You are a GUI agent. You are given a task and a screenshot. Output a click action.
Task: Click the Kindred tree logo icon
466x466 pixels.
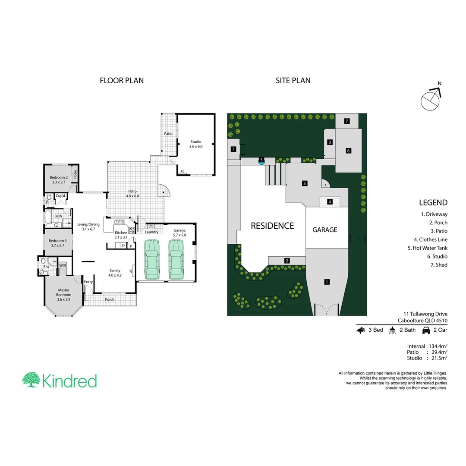[x=31, y=380]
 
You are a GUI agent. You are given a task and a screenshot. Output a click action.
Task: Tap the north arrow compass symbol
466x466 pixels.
[x=431, y=98]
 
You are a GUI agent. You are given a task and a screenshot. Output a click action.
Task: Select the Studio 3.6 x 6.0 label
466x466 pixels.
[x=195, y=144]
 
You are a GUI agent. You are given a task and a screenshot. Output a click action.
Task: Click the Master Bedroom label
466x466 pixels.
[x=63, y=295]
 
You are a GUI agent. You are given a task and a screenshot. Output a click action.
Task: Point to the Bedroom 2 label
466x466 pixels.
[x=58, y=179]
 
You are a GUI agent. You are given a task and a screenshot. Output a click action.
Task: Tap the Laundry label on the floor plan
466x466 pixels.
[x=151, y=232]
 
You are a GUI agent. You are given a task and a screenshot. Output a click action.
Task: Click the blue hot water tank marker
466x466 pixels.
[x=261, y=160]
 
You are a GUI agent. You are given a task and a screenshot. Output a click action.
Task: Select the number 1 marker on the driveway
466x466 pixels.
[x=327, y=282]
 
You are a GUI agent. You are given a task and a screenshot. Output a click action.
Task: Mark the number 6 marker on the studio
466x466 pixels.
[x=348, y=151]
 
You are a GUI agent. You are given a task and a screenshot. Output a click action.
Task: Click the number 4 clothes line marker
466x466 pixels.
[x=330, y=202]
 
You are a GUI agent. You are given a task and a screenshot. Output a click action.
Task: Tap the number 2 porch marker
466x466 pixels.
[x=286, y=260]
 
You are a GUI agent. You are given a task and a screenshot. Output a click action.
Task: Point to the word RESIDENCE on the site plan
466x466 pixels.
[x=272, y=226]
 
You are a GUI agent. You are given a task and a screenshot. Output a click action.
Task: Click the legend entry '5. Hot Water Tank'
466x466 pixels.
[x=427, y=248]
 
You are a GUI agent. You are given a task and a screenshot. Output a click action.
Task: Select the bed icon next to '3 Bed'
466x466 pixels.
[x=361, y=330]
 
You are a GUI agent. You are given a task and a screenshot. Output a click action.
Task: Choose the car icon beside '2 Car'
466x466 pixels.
[x=425, y=330]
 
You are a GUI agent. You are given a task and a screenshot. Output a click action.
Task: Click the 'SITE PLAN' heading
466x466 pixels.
[x=293, y=80]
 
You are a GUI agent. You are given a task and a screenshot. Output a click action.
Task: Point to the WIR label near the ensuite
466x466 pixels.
[x=63, y=265]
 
